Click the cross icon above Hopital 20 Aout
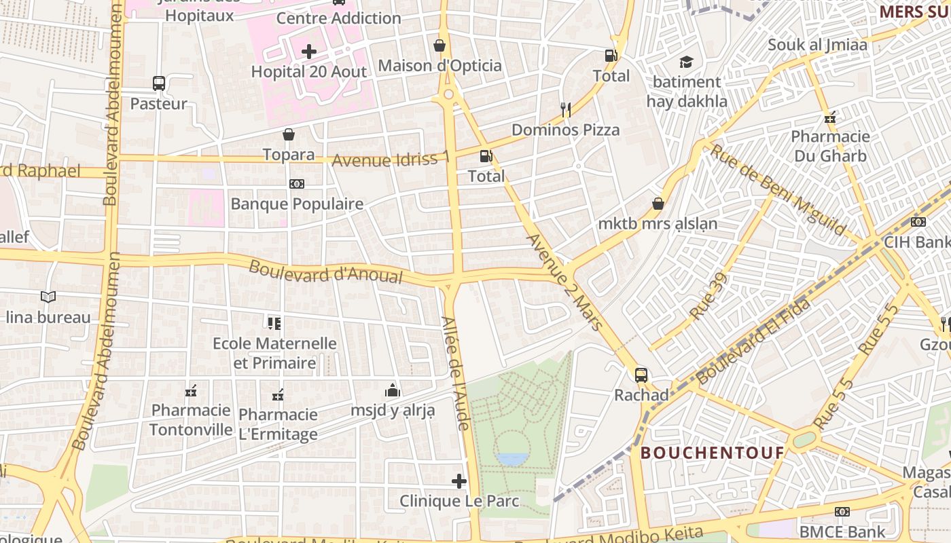coord(309,52)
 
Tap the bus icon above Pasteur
coord(158,83)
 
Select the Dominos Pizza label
coord(565,130)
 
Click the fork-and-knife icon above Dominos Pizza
coord(565,109)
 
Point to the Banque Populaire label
coord(297,204)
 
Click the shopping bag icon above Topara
coord(289,134)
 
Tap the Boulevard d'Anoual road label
coord(325,271)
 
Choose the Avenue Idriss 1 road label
coord(391,160)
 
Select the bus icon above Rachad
coord(641,375)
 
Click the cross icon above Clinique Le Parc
coord(459,481)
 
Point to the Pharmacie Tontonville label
coord(191,419)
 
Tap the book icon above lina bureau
coord(48,297)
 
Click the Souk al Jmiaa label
coord(817,45)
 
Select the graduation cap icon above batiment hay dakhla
coord(687,62)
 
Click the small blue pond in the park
coord(512,460)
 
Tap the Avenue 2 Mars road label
coord(564,282)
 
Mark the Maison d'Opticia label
coord(439,66)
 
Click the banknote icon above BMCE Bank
coord(842,511)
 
